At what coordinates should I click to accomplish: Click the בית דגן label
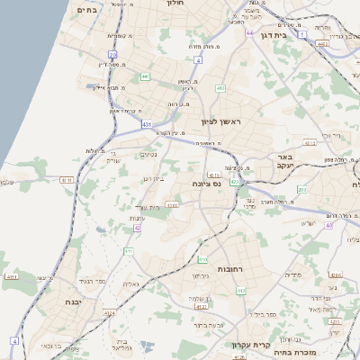(283, 35)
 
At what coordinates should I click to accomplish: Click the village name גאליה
(130, 283)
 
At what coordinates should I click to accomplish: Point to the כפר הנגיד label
(94, 282)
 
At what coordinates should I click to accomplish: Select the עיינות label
(138, 219)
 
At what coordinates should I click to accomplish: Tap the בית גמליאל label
(124, 344)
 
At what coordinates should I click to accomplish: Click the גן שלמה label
(201, 299)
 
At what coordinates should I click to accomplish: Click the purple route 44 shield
(248, 33)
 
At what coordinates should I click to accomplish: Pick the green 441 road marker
(145, 76)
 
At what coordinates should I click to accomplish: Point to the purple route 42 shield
(137, 229)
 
